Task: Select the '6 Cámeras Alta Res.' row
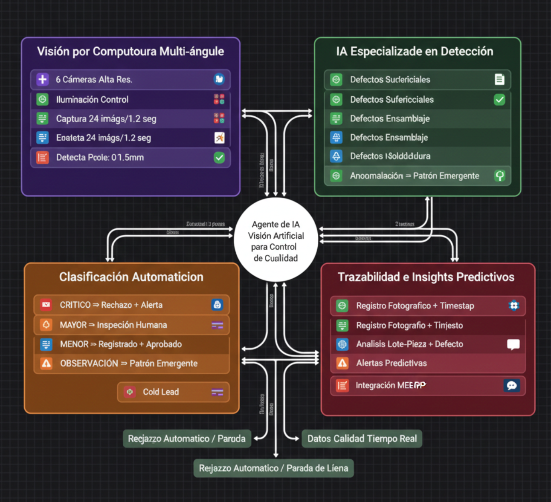click(130, 80)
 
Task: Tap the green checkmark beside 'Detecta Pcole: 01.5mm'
click(219, 158)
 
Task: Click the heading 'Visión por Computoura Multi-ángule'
click(130, 52)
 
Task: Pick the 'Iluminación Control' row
click(130, 100)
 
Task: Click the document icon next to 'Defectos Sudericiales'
click(499, 80)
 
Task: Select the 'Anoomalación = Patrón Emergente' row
click(417, 176)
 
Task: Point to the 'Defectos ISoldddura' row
click(417, 156)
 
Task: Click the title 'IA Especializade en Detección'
click(415, 52)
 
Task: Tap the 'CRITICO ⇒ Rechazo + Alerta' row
click(131, 305)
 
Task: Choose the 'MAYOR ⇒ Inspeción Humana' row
click(131, 325)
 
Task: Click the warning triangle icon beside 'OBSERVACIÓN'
click(46, 364)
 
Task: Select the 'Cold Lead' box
click(173, 392)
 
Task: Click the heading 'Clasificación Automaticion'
click(131, 277)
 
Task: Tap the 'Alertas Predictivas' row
click(427, 364)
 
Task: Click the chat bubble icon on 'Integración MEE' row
click(512, 386)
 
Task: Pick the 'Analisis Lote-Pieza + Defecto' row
click(427, 344)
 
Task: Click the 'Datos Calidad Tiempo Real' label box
click(362, 439)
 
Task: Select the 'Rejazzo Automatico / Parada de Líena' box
click(273, 468)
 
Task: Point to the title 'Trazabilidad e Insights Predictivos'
click(426, 277)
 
